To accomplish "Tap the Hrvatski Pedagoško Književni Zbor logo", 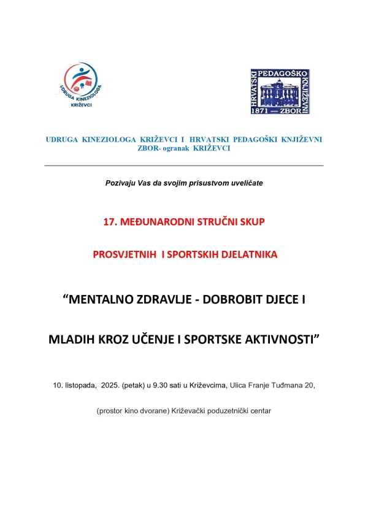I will click(280, 91).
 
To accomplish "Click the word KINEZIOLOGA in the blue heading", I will click(107, 139).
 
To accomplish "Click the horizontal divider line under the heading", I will click(184, 166).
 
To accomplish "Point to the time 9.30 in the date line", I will click(165, 385).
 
